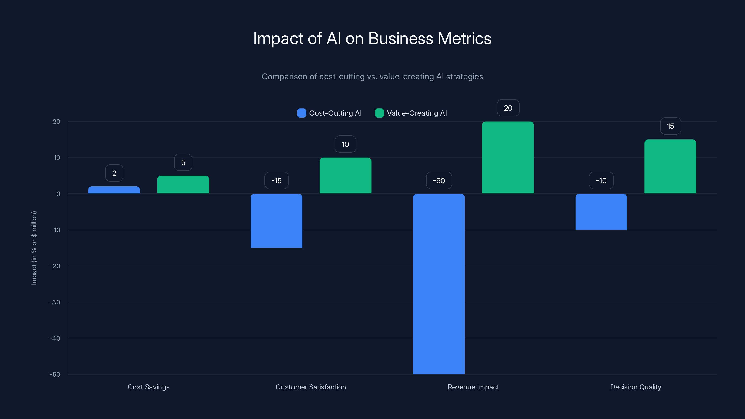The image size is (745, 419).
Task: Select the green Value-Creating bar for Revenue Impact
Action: coord(508,158)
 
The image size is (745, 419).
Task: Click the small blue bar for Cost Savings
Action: coord(114,190)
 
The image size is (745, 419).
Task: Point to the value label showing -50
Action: coord(439,180)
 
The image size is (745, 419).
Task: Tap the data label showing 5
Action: coord(183,162)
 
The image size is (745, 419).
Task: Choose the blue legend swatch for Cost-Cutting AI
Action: coord(301,113)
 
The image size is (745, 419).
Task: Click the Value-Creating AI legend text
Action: coord(417,113)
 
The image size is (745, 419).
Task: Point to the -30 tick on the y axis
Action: coord(55,302)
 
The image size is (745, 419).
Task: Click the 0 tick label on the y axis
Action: coord(58,194)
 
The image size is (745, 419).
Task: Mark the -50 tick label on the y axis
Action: coord(55,375)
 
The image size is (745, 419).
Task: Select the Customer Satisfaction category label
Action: coord(311,387)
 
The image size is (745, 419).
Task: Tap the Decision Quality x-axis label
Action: coord(635,387)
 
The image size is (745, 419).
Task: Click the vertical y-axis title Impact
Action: coord(34,248)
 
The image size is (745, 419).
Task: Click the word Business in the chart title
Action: coord(400,38)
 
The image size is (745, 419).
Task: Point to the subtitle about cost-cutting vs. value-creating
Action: coord(372,76)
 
